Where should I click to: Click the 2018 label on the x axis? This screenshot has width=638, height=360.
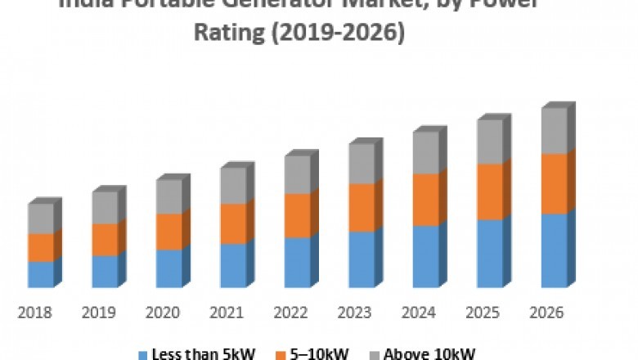point(34,313)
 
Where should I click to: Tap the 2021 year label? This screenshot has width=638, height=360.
point(226,313)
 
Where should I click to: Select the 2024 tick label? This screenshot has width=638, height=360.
point(418,313)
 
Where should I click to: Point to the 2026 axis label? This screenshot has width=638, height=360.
point(546,313)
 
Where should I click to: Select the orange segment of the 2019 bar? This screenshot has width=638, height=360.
point(105,239)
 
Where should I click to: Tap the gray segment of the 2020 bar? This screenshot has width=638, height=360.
point(168,196)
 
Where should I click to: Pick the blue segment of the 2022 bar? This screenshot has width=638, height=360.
point(297,262)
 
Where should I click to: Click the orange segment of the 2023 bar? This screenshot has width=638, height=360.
point(361,207)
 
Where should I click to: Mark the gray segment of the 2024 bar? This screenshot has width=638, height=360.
point(425,152)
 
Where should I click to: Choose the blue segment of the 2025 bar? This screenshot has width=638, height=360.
point(489,253)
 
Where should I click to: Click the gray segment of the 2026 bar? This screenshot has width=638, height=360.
point(554,130)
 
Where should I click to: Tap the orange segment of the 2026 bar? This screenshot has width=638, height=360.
point(554,183)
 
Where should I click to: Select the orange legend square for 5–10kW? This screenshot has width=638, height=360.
point(283,354)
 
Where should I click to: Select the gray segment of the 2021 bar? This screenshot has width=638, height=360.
point(232,185)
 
